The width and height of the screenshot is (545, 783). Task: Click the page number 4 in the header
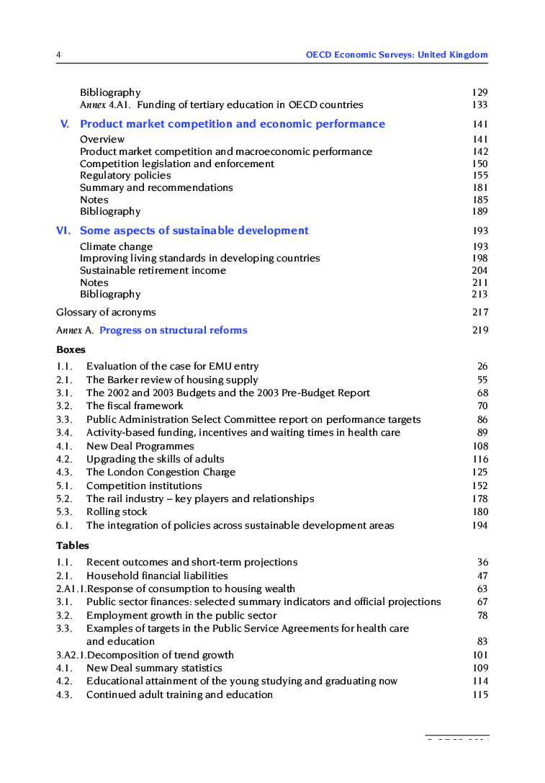pos(58,55)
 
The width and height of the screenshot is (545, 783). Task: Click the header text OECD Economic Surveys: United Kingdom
pos(396,55)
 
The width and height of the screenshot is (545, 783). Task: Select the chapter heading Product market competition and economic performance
pos(232,124)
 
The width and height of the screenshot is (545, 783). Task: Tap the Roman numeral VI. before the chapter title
pos(63,231)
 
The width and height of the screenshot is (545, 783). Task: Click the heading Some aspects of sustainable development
pos(194,231)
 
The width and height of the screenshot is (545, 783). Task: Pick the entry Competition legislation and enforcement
pos(176,164)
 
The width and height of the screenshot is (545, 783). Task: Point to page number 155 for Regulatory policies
pos(479,176)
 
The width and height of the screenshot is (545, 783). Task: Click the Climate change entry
pos(116,246)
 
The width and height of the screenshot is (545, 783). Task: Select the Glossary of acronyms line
pos(106,312)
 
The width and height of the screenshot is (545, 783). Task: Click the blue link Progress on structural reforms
pos(173,330)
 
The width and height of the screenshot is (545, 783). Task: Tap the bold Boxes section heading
pos(71,349)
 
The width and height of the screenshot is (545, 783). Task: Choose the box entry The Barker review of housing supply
pos(171,380)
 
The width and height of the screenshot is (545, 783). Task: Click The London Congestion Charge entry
pos(161,473)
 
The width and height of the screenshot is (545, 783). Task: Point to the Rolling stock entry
pos(117,512)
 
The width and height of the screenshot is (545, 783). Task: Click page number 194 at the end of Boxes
pos(479,525)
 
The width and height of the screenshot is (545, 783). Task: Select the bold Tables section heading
pos(73,545)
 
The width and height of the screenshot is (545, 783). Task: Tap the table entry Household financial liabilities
pos(157,576)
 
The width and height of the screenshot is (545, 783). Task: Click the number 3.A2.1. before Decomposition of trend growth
pos(71,655)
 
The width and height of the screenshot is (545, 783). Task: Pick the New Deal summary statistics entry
pos(154,668)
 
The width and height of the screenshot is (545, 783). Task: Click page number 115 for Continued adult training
pos(479,694)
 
